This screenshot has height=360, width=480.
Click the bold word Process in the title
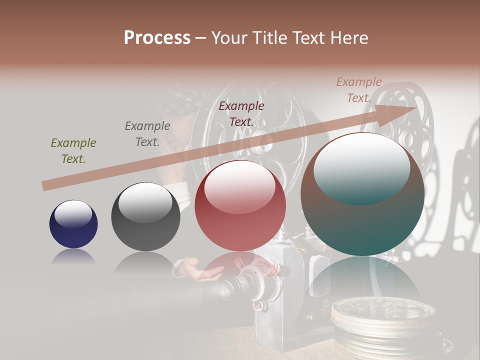coord(157,38)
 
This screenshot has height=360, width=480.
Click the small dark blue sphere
coord(73,224)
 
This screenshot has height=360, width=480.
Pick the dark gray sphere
coord(145,216)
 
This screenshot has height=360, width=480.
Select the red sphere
coord(240,206)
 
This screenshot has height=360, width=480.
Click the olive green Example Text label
coord(73,151)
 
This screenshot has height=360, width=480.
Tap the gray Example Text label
coord(147,133)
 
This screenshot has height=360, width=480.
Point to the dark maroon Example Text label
coord(241,113)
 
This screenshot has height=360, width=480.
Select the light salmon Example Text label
coord(359,90)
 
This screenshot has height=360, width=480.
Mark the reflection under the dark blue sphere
coord(73,257)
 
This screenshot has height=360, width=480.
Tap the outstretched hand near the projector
coord(202,270)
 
